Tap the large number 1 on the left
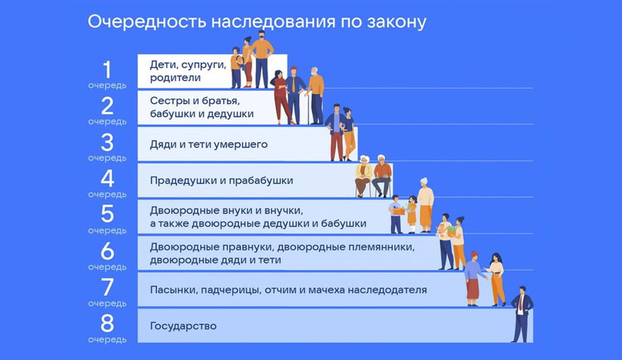click(x=106, y=70)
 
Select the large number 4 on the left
click(x=107, y=179)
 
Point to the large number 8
click(x=107, y=324)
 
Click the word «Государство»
click(x=183, y=326)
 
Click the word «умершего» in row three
click(x=245, y=145)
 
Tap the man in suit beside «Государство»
click(x=520, y=313)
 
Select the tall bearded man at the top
click(x=262, y=57)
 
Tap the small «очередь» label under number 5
click(x=107, y=231)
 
